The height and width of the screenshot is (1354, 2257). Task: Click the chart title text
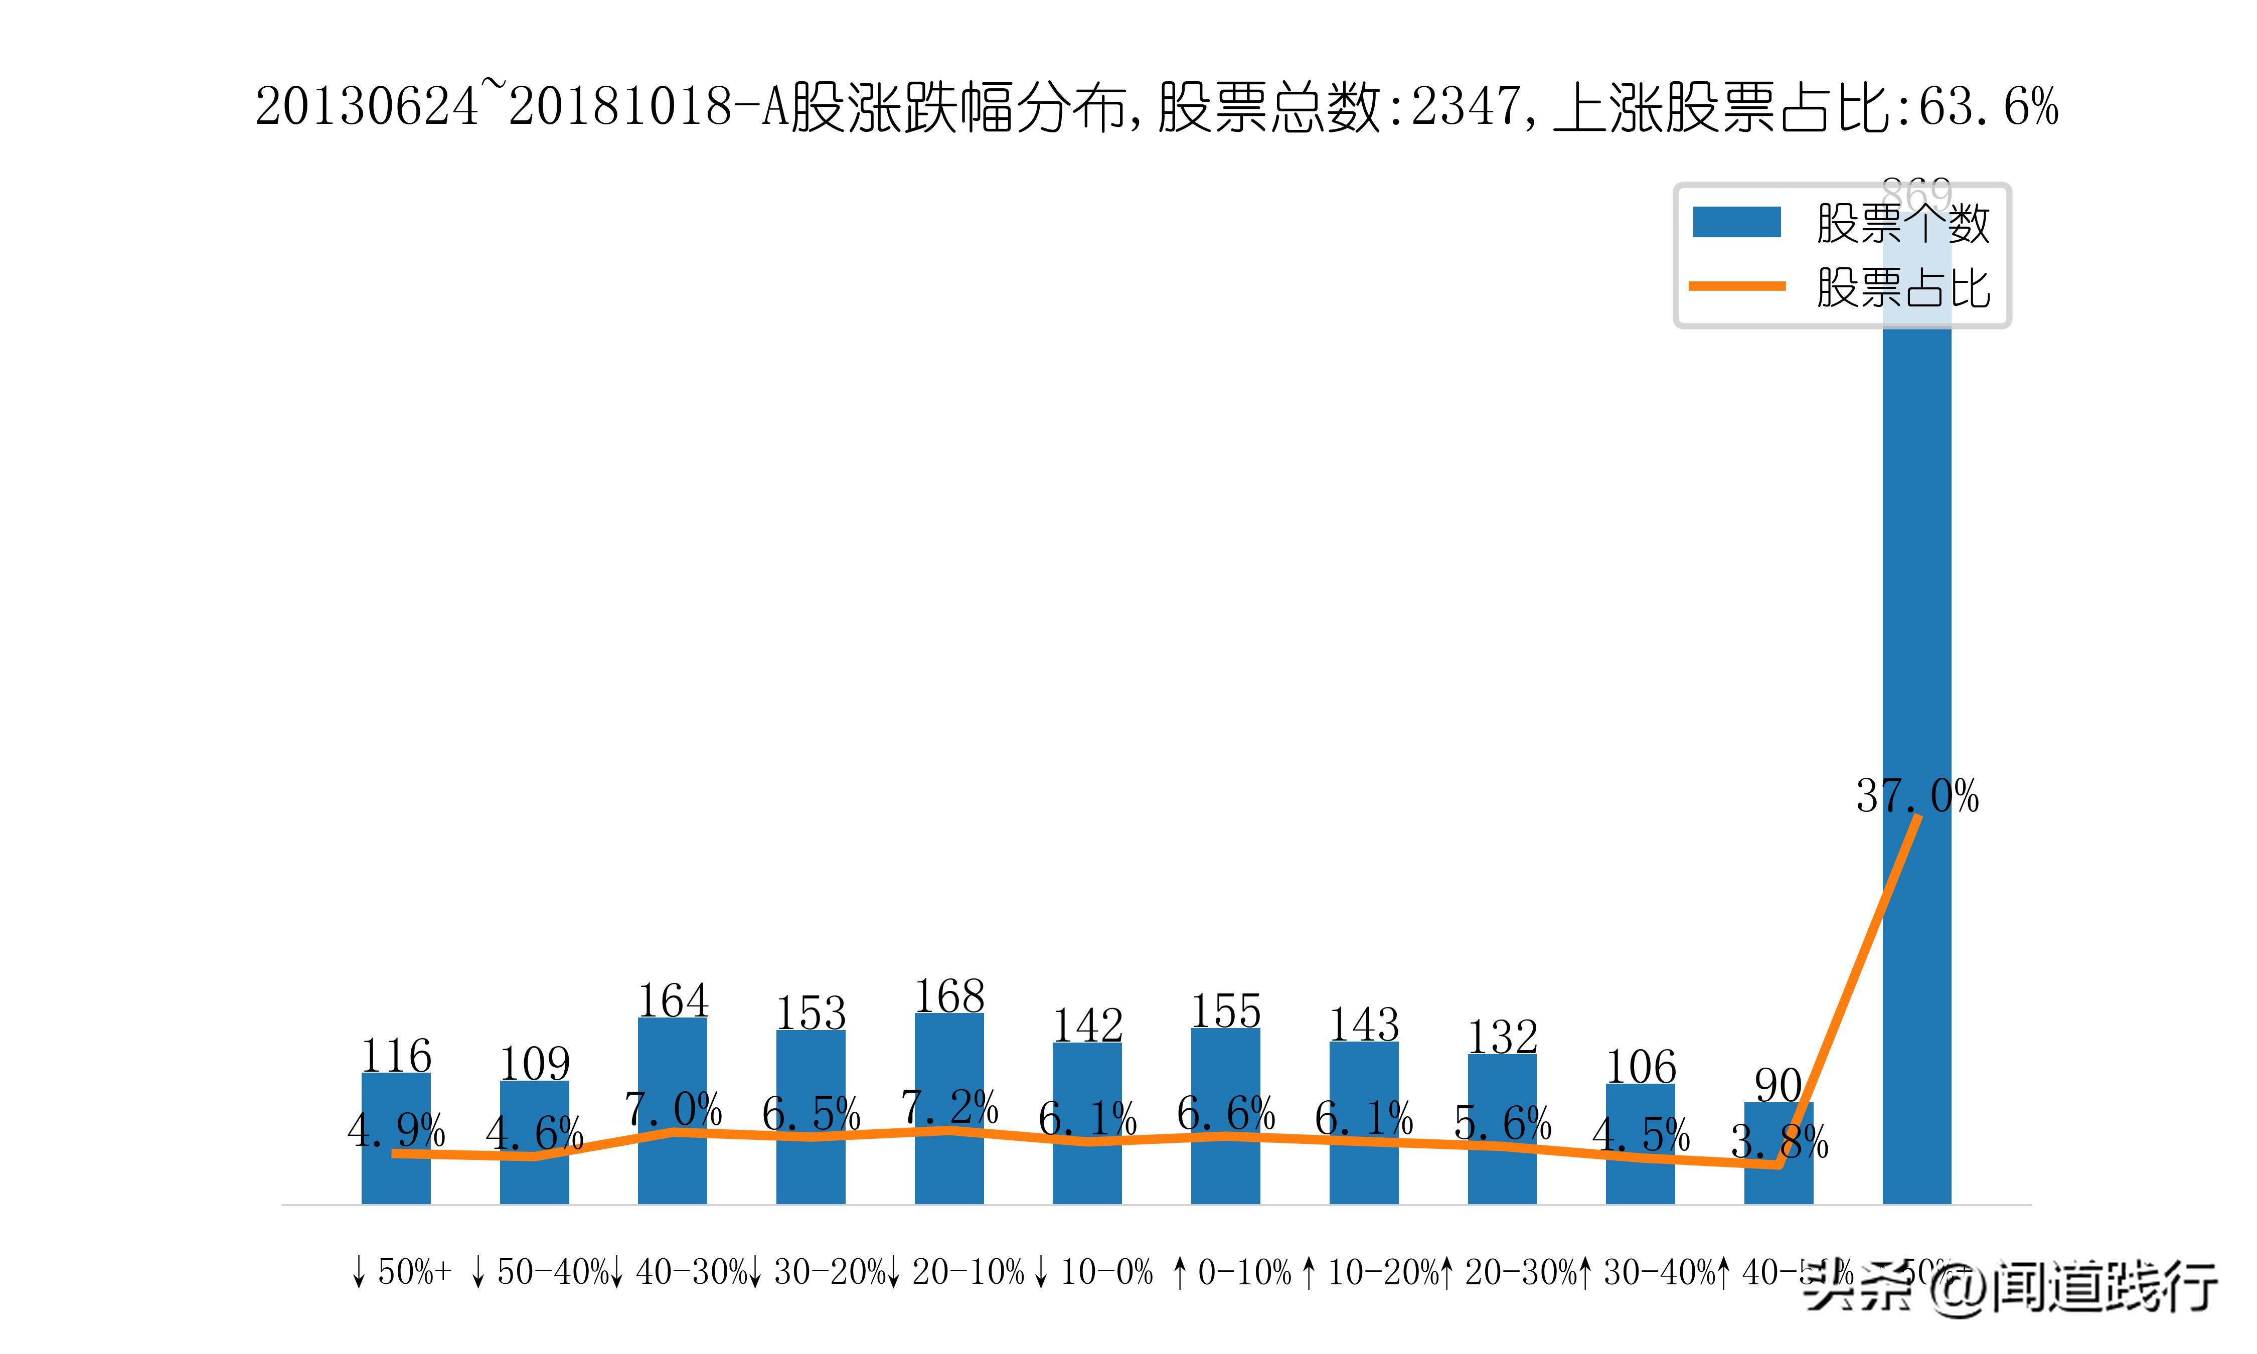point(1156,107)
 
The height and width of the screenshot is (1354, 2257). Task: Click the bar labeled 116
point(395,1177)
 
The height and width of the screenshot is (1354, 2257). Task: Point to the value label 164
point(673,1001)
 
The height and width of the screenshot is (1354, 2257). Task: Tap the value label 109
point(535,1064)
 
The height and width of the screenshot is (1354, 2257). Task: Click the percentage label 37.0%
point(1917,796)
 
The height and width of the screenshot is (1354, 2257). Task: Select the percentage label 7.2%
point(949,1107)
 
